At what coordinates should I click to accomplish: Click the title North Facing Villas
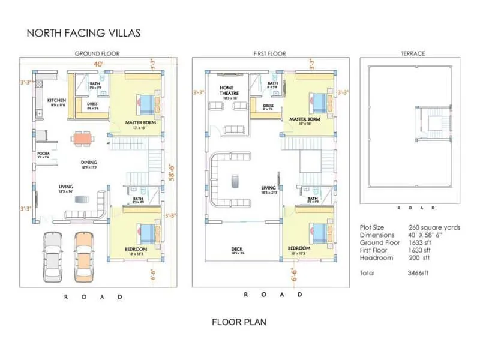point(83,32)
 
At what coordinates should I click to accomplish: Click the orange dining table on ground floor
point(82,139)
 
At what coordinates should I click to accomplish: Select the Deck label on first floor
point(237,248)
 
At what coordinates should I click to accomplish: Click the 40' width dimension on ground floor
point(97,63)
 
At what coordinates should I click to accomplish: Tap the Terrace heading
point(413,53)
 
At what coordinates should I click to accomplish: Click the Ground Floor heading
point(97,53)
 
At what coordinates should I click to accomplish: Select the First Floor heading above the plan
point(269,53)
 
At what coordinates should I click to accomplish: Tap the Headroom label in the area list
point(376,257)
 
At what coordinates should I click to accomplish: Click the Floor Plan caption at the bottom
point(239,322)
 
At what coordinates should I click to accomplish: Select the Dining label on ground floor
point(89,162)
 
